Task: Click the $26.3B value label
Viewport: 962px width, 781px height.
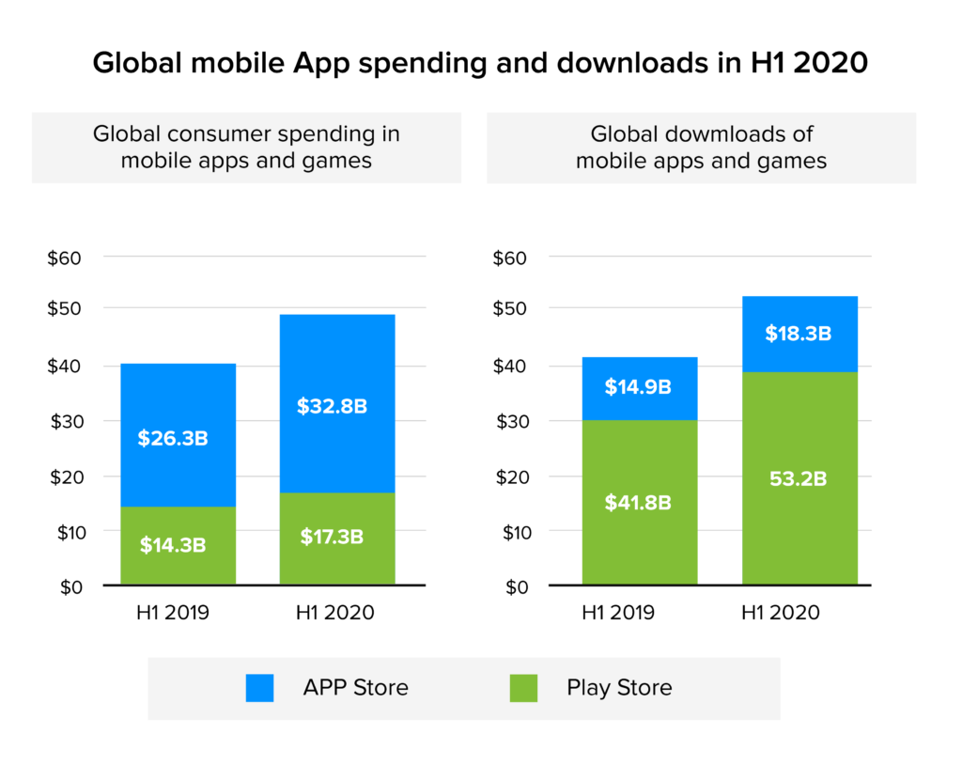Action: (178, 438)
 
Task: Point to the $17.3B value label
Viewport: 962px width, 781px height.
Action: (336, 538)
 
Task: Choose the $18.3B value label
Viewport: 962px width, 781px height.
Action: (799, 334)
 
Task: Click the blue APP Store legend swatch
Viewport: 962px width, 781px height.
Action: (259, 688)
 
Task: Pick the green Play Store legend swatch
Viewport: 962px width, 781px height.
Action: (524, 688)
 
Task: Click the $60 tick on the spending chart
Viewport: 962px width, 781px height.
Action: (65, 258)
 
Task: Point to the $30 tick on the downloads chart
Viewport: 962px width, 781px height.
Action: (511, 421)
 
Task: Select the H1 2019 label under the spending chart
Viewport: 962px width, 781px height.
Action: (173, 613)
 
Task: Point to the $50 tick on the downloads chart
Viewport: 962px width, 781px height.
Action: (511, 309)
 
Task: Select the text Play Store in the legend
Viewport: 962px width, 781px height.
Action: (619, 688)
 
